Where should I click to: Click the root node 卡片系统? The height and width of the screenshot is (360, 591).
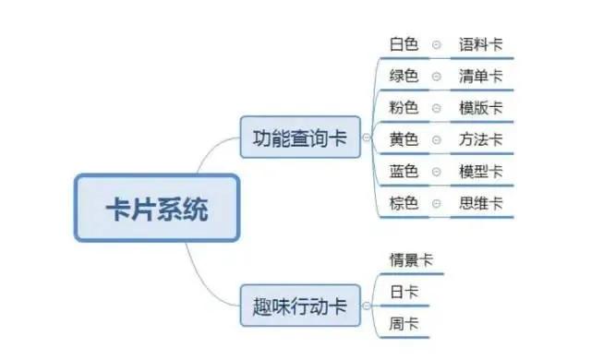[156, 208]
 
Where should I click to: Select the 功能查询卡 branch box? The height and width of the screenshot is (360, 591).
[300, 138]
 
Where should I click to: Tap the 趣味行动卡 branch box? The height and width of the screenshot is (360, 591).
[300, 306]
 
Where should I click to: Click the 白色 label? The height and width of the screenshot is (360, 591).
[404, 43]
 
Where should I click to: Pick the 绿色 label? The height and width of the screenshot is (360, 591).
[404, 76]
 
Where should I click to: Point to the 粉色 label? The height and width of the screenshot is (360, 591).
[404, 107]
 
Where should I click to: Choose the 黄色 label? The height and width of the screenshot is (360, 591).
[404, 139]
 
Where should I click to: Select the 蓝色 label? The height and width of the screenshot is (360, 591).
[404, 171]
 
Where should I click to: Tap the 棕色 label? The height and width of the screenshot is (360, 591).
[404, 203]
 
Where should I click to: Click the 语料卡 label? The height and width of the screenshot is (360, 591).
[481, 43]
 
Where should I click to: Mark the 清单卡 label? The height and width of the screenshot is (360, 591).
[481, 76]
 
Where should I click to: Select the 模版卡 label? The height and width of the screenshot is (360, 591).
[481, 107]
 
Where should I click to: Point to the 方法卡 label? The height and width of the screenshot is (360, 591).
[481, 139]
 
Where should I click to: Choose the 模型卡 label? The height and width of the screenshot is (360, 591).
[481, 171]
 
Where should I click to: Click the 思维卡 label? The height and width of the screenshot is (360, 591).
[481, 203]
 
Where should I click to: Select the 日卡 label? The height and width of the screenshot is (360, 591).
[404, 292]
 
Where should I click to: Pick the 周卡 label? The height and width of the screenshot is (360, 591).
[404, 324]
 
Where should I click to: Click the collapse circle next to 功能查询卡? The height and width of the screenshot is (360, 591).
[368, 138]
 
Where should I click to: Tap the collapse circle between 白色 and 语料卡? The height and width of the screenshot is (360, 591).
[437, 44]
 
